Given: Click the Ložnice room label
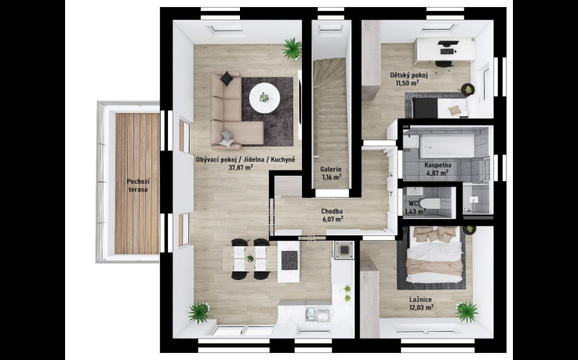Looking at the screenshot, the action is (x=420, y=300).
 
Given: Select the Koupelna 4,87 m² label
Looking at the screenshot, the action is (x=438, y=169).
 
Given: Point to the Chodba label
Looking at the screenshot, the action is (x=332, y=212).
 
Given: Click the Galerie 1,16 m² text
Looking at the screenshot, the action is (x=331, y=173).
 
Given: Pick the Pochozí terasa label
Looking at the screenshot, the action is (x=137, y=185).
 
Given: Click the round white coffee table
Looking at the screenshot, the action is (x=264, y=98).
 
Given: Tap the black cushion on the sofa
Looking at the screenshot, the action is (x=227, y=78).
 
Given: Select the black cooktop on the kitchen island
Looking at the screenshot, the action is (x=289, y=260).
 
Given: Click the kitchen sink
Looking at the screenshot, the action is (x=318, y=314).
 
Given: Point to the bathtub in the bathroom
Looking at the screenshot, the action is (x=447, y=146).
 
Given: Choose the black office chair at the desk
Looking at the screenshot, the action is (x=444, y=64).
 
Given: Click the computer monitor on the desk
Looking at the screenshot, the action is (x=449, y=44).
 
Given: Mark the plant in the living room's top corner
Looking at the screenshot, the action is (x=293, y=49).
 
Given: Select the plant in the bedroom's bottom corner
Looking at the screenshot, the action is (x=467, y=311).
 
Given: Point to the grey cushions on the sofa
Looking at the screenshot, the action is (x=227, y=139).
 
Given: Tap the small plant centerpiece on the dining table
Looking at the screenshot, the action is (x=250, y=259).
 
